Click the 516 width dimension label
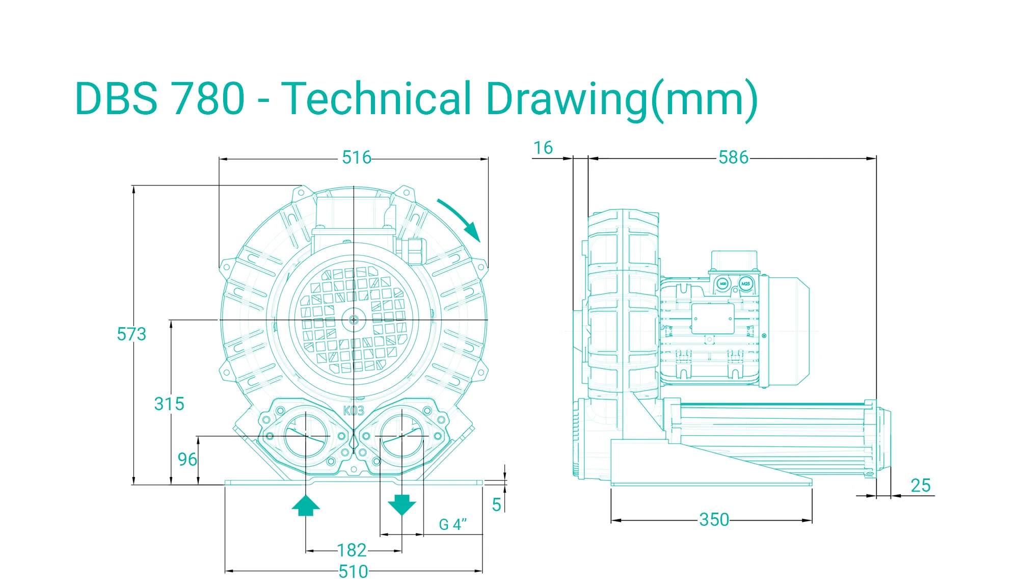357,157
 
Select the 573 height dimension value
131,334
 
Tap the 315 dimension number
169,404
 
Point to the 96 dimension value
187,460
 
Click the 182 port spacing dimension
352,550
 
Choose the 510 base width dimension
353,572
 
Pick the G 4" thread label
453,524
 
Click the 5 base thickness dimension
496,505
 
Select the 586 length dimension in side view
734,157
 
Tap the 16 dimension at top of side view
543,148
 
